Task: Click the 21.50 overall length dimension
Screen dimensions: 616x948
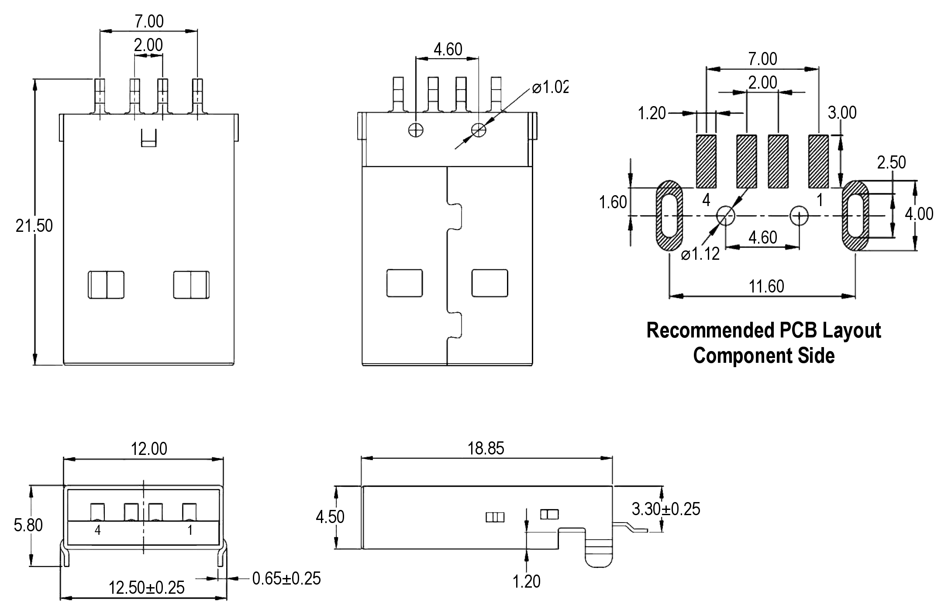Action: (34, 226)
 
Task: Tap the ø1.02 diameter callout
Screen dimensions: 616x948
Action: (550, 88)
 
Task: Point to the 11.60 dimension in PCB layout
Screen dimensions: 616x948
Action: (766, 287)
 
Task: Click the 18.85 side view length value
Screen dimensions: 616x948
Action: (486, 448)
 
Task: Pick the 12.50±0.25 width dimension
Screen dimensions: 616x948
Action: (146, 588)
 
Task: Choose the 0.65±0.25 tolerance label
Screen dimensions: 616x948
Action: (286, 578)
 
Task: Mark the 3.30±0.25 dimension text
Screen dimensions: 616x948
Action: (666, 509)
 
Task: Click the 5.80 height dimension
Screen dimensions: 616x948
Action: (28, 525)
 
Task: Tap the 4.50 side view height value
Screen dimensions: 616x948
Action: (330, 517)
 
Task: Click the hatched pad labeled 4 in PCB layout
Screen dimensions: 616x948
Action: (706, 161)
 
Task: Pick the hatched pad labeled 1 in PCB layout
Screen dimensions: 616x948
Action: (818, 161)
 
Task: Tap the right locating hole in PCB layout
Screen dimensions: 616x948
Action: (799, 215)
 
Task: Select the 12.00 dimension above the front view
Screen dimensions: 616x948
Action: (149, 449)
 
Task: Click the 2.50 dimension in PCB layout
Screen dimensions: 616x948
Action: (891, 163)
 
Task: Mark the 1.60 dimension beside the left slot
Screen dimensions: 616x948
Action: (613, 203)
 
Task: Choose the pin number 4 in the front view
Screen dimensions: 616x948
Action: (97, 530)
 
